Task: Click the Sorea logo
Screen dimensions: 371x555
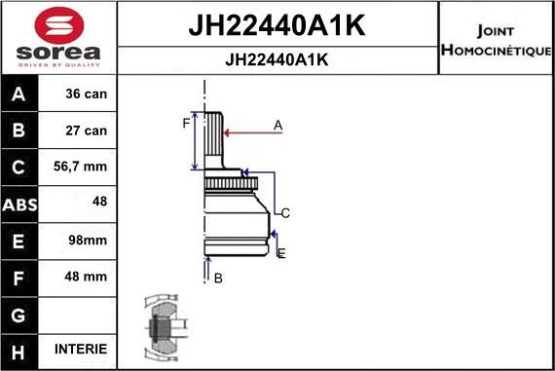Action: (x=57, y=38)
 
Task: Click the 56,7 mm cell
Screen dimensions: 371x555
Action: (x=84, y=167)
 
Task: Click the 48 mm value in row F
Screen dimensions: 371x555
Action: (x=87, y=277)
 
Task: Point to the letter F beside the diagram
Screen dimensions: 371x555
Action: (x=186, y=123)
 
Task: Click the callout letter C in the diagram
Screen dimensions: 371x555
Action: (x=286, y=212)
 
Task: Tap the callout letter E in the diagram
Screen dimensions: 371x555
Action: (x=281, y=253)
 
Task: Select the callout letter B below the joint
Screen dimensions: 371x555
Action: (x=218, y=278)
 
